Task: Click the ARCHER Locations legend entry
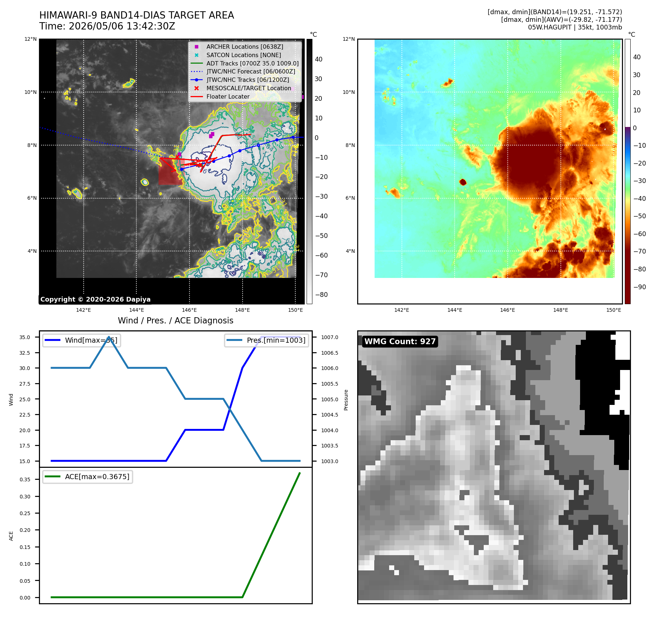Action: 245,47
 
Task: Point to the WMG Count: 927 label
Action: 400,341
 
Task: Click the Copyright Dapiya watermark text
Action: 95,299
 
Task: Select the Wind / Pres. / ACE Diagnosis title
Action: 176,321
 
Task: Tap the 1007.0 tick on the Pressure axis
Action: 330,337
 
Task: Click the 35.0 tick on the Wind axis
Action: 25,337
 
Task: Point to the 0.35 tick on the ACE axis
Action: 25,479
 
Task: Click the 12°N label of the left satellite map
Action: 31,39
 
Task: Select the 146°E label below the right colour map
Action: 507,310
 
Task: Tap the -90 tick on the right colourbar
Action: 639,287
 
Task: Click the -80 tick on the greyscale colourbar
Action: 321,295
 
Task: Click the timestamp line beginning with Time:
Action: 107,26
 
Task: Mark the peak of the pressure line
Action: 109,337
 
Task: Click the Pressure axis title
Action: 346,400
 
